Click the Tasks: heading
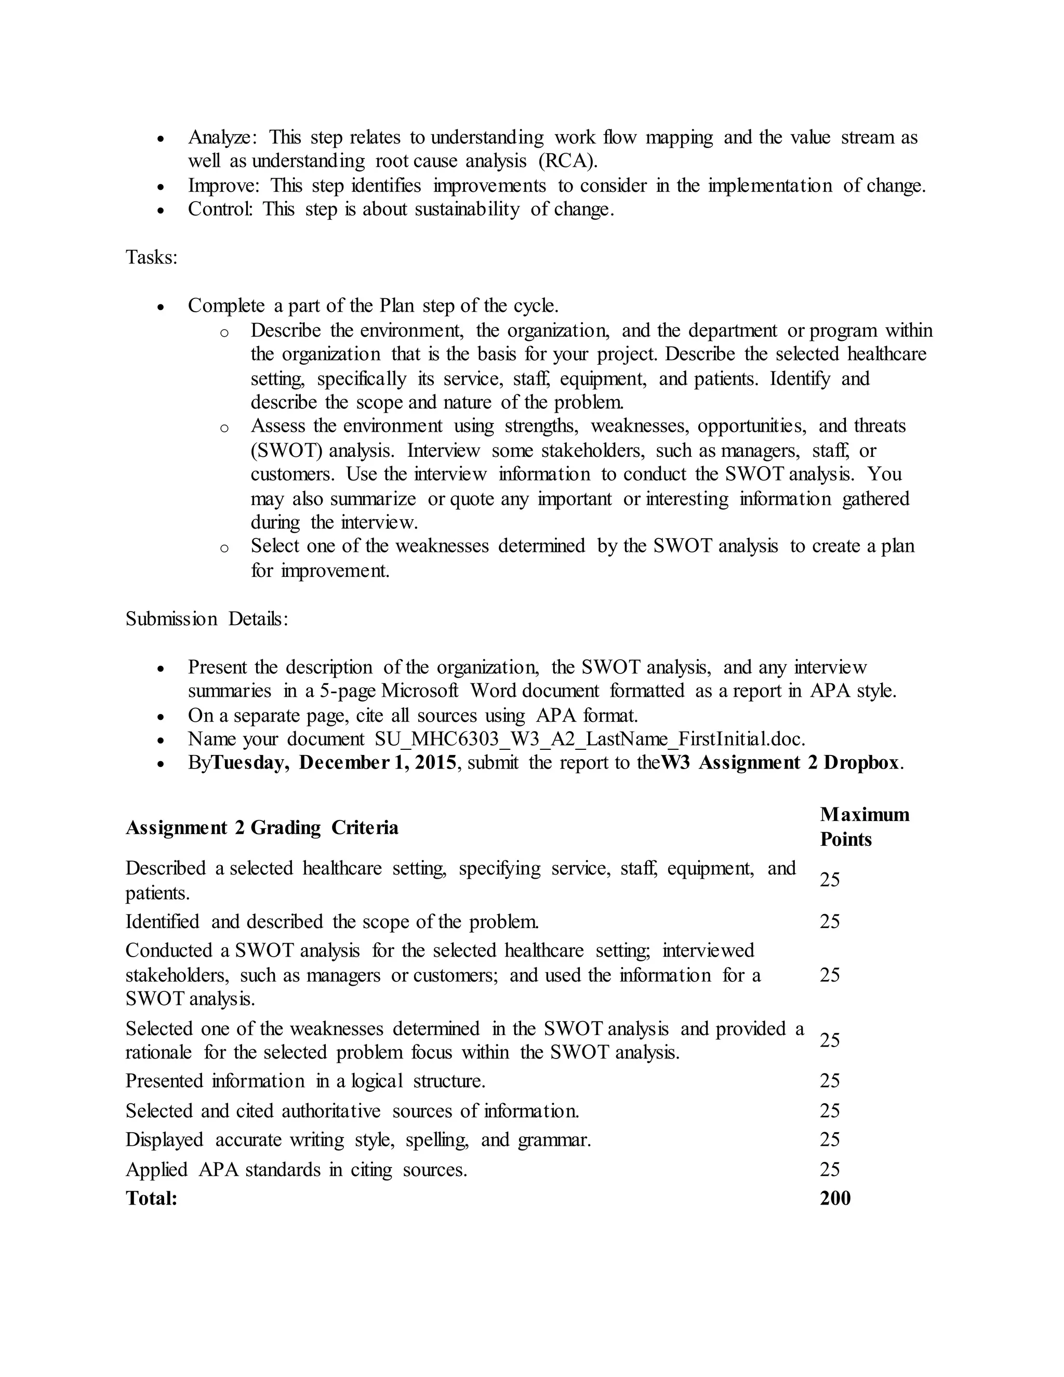pos(151,257)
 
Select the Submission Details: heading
pos(207,619)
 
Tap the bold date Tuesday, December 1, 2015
pos(334,763)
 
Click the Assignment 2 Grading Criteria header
pos(262,828)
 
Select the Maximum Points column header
pos(864,827)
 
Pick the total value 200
pos(835,1199)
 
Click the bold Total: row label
pos(151,1199)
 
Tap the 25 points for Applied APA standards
pos(830,1170)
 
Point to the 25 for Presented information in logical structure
pos(830,1081)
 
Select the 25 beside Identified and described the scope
pos(830,922)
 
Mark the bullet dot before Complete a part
pos(162,307)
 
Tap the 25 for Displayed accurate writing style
pos(830,1140)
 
